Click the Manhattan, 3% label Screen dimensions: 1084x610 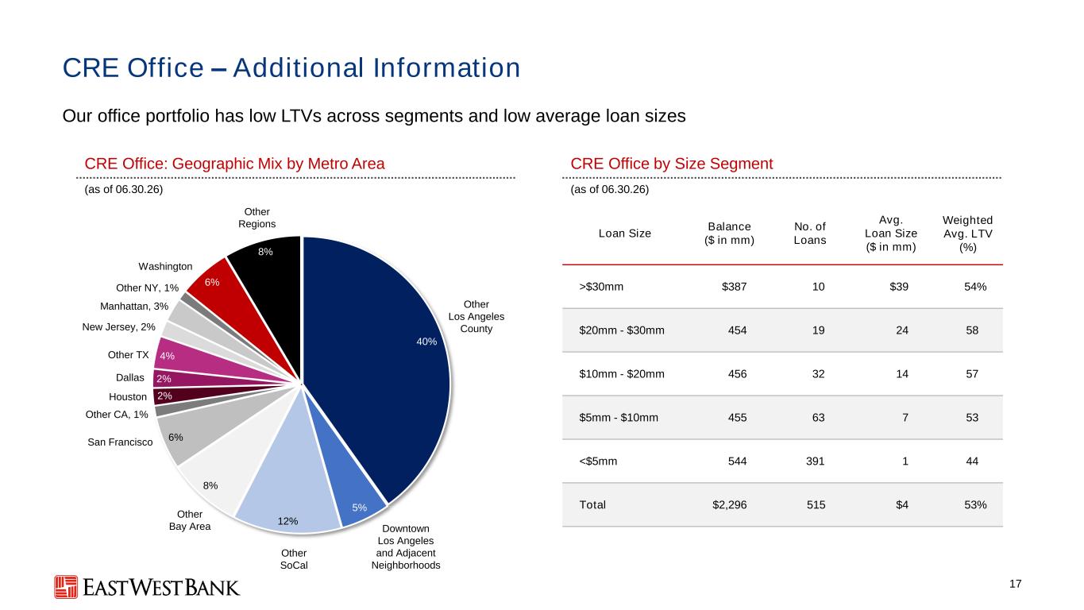(x=134, y=307)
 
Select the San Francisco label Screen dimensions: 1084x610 (x=120, y=442)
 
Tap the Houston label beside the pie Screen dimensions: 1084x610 (x=128, y=397)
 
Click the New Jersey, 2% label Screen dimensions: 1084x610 (x=118, y=327)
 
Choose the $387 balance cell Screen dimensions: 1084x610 (x=734, y=287)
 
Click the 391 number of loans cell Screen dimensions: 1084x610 (x=816, y=461)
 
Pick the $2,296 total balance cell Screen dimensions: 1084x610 (x=729, y=505)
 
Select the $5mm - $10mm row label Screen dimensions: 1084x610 (x=619, y=417)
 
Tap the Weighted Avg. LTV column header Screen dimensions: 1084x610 (x=967, y=234)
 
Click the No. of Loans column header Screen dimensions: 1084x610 (x=809, y=234)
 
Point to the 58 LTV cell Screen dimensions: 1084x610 (x=972, y=330)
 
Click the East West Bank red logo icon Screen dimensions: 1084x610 (x=66, y=587)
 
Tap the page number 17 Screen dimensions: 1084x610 (x=1015, y=584)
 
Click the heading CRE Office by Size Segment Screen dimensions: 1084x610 (x=672, y=164)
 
